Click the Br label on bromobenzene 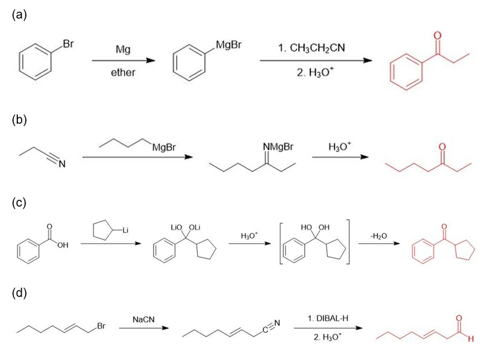click(x=68, y=44)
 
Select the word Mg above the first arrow click(x=122, y=49)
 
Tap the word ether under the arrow click(x=123, y=72)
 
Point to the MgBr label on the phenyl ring click(x=228, y=45)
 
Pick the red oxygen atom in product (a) click(x=437, y=36)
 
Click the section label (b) click(x=19, y=120)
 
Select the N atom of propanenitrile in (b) click(x=62, y=163)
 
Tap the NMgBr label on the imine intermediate click(x=278, y=147)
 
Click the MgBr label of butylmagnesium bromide click(x=164, y=147)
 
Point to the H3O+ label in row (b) click(x=340, y=146)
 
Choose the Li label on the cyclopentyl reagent click(x=125, y=230)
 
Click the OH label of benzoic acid click(x=62, y=245)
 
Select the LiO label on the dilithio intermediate click(x=176, y=228)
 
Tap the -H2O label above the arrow click(x=379, y=236)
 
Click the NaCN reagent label click(x=144, y=319)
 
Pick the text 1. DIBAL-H click(x=328, y=319)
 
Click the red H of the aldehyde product click(x=471, y=339)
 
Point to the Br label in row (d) click(x=101, y=326)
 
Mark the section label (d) click(x=19, y=293)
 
